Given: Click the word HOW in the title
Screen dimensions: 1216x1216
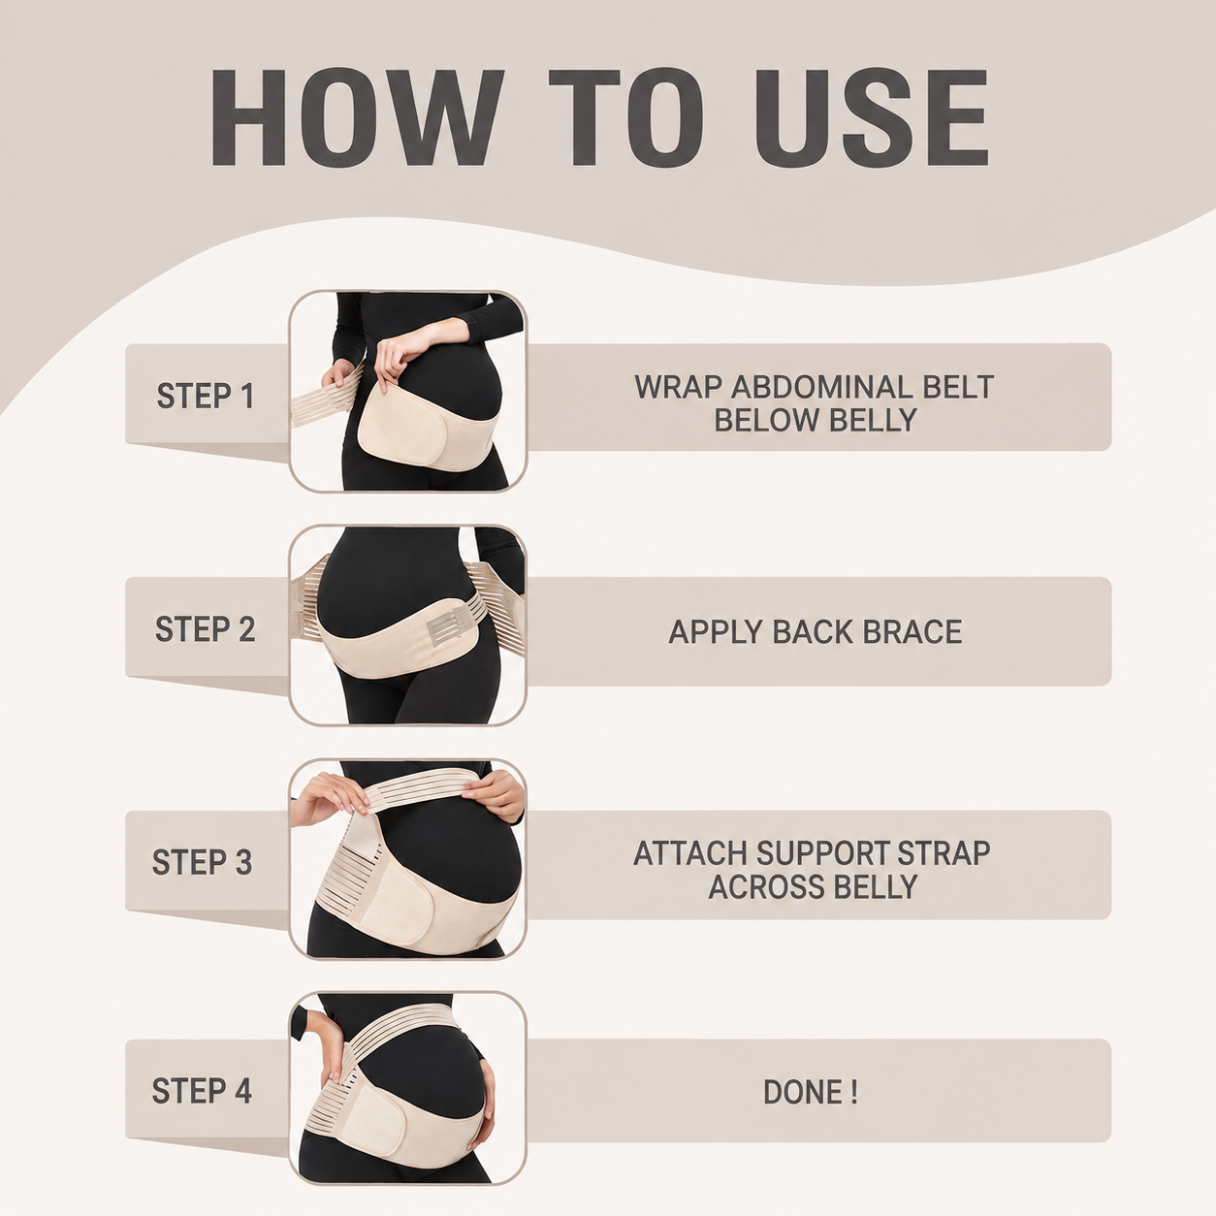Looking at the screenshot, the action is (358, 118).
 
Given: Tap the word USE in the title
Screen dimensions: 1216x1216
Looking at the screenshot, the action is (872, 118).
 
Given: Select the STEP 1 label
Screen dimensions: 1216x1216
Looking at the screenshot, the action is (205, 397).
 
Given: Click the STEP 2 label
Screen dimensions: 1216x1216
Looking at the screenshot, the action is (205, 629).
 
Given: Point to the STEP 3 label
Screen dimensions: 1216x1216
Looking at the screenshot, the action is (202, 862).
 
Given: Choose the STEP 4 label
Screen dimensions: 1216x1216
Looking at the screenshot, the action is (202, 1091).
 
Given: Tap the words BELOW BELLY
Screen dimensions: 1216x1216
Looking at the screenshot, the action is (816, 420).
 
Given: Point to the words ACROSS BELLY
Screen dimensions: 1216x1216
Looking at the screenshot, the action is (813, 886).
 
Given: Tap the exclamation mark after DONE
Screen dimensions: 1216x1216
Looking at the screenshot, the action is (853, 1092).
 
